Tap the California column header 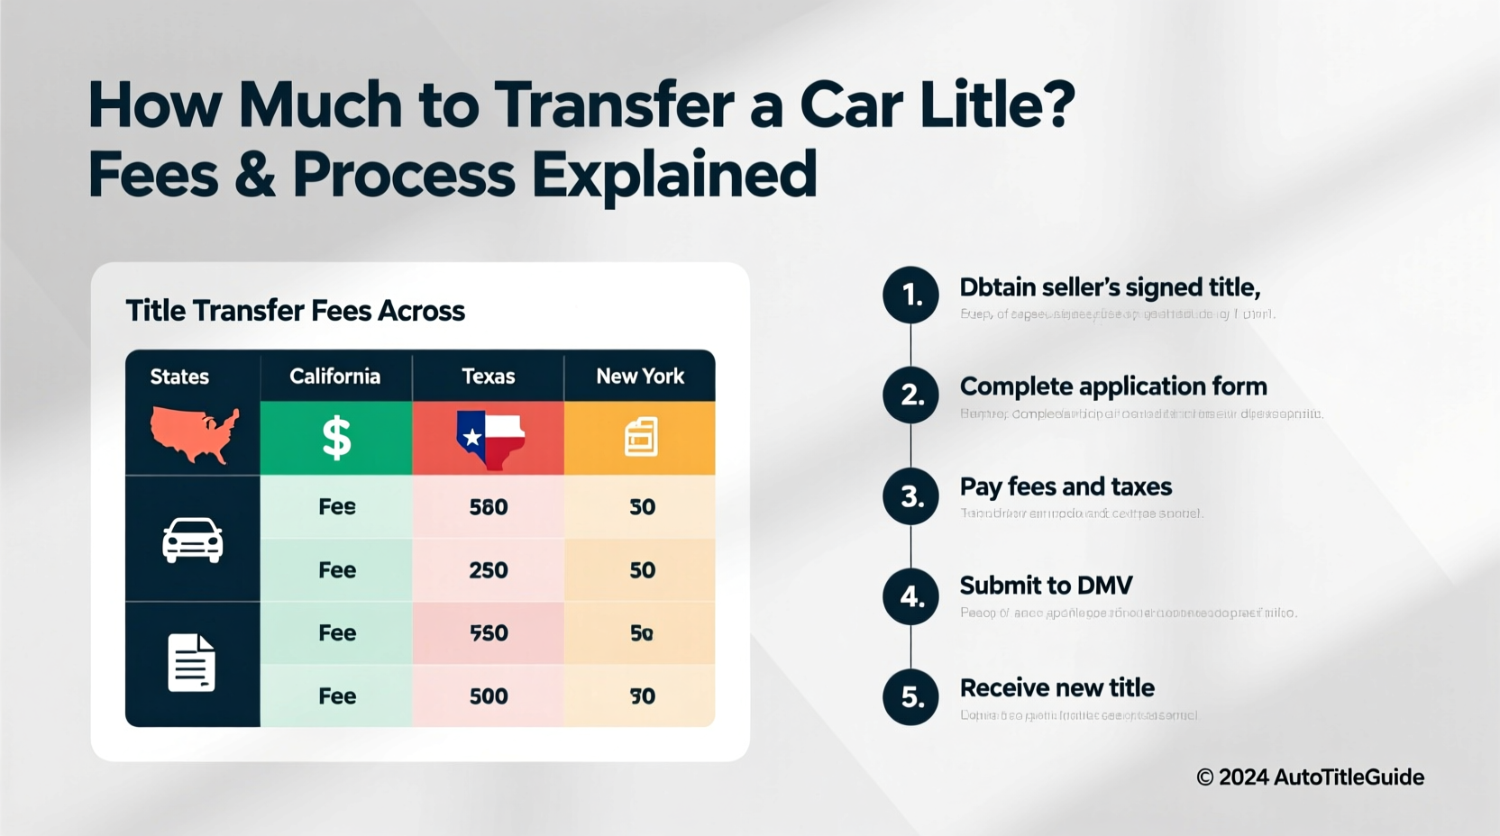pyautogui.click(x=334, y=377)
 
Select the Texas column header pyautogui.click(x=488, y=377)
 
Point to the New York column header pyautogui.click(x=640, y=377)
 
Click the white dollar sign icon pyautogui.click(x=336, y=439)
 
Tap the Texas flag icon pyautogui.click(x=489, y=439)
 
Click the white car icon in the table pyautogui.click(x=192, y=541)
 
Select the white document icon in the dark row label pyautogui.click(x=192, y=663)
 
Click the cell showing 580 pyautogui.click(x=489, y=507)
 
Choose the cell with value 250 pyautogui.click(x=489, y=570)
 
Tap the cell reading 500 pyautogui.click(x=489, y=696)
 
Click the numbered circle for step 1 pyautogui.click(x=911, y=295)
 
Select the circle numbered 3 pyautogui.click(x=911, y=495)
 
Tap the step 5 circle pyautogui.click(x=911, y=696)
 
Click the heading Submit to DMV pyautogui.click(x=1046, y=586)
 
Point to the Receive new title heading pyautogui.click(x=1056, y=688)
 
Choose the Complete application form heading pyautogui.click(x=1113, y=386)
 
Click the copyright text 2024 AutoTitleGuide pyautogui.click(x=1310, y=777)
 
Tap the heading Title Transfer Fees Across pyautogui.click(x=295, y=311)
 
